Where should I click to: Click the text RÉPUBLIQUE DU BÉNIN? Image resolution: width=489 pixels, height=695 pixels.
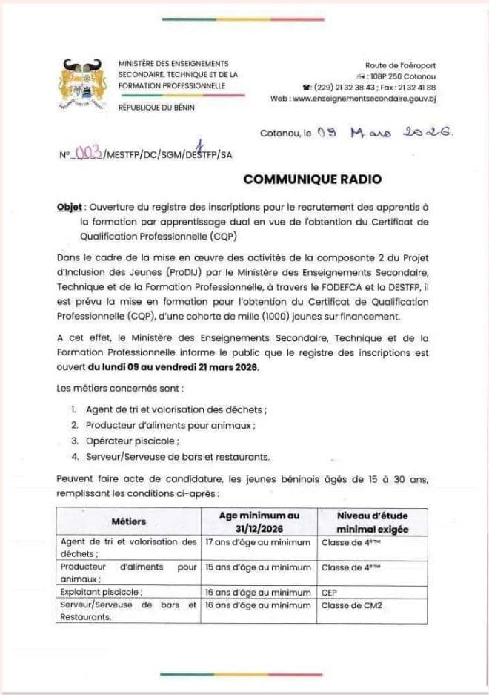[156, 108]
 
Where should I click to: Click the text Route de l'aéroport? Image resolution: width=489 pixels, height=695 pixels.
[400, 66]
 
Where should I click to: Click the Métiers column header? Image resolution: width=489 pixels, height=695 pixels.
[129, 522]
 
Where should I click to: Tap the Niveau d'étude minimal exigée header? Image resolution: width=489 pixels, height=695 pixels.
[372, 522]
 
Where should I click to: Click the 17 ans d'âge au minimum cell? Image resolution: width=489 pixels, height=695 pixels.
[257, 542]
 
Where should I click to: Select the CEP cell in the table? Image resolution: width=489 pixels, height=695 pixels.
[329, 592]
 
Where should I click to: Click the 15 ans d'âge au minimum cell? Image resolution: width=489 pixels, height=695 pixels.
[257, 567]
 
